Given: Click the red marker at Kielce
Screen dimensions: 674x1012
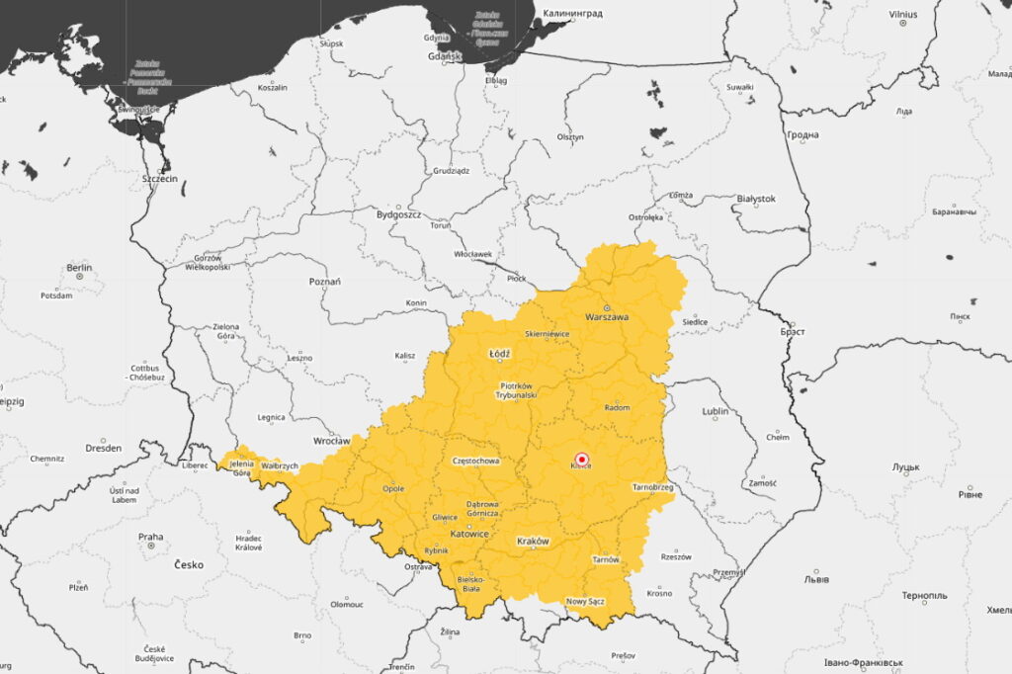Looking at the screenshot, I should coord(582,459).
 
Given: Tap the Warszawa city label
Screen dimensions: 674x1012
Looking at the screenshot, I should coord(607,317).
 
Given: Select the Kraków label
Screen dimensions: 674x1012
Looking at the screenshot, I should coord(533,542).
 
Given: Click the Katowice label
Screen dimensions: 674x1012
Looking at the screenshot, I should coord(469,534).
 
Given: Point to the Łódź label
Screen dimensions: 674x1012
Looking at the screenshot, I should coord(500,353).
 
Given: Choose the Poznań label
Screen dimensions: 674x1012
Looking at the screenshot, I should coord(325,282).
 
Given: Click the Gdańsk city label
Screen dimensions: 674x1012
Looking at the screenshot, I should coord(446,56).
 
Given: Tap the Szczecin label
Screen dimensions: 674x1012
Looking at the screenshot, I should coord(159,179).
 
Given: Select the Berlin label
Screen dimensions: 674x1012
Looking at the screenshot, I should coord(79,267).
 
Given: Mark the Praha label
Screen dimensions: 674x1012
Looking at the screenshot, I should coord(150,538).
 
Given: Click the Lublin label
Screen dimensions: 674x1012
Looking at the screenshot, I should coord(716,411).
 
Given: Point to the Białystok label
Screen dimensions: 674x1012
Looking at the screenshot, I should coord(756,199).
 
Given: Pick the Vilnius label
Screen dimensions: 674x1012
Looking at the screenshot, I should coord(902,15).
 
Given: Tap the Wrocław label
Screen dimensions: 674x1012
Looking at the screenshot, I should coord(331,440).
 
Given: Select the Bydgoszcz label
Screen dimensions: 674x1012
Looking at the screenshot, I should coord(398,213).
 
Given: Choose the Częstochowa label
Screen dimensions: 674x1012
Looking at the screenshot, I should coord(475,461).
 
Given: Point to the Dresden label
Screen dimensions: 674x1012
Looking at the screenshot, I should coord(103,448).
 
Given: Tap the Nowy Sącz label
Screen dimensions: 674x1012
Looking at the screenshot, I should coord(585,601).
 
